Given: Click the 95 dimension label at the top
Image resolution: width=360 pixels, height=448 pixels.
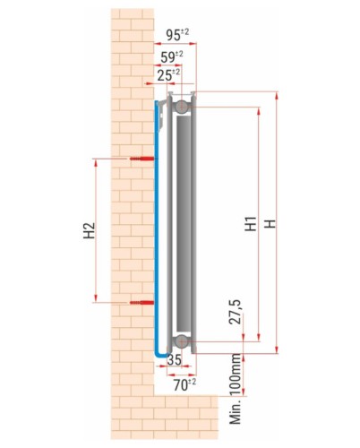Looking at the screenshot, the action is [177, 35].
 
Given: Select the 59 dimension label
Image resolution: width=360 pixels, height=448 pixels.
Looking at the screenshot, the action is [172, 56].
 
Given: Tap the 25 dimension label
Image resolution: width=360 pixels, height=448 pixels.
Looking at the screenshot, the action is [168, 75].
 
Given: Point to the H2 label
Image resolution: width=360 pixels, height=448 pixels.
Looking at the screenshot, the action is [89, 230].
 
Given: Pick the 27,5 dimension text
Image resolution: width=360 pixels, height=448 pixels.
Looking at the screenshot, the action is [236, 312].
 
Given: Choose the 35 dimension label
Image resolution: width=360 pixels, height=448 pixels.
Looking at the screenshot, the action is [175, 359].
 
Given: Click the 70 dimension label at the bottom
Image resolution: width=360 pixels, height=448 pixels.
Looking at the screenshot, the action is [184, 384].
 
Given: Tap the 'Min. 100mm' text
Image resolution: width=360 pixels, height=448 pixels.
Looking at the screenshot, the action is [236, 389].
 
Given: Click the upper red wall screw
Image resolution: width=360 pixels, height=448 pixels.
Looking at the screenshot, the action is [142, 159].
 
